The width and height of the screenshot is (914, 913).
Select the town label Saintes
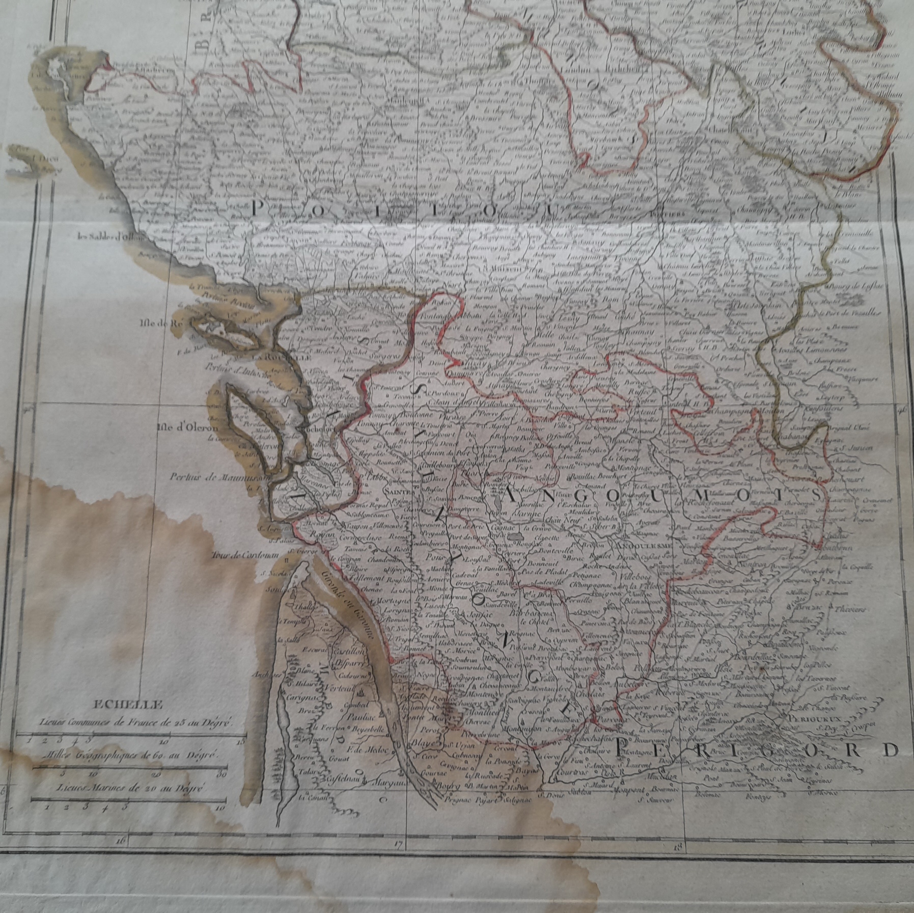click(x=400, y=492)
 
